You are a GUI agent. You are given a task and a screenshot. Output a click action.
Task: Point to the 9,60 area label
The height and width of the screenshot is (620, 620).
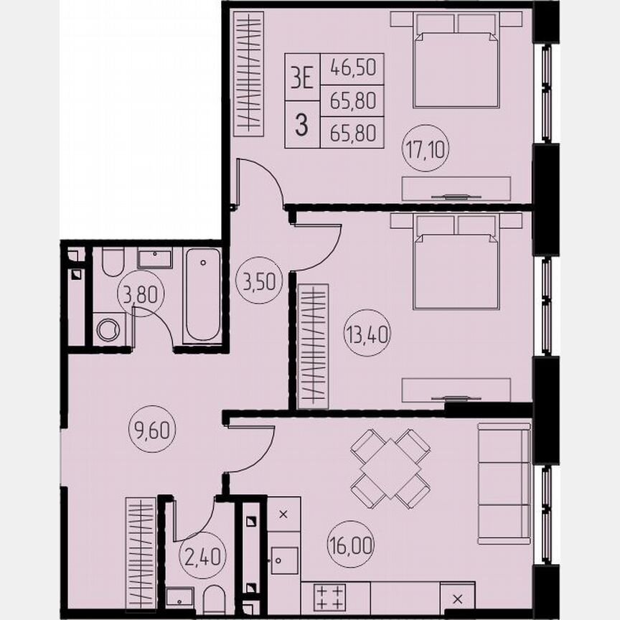click(x=153, y=432)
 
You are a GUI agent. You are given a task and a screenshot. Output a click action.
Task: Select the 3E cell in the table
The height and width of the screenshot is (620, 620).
click(x=302, y=76)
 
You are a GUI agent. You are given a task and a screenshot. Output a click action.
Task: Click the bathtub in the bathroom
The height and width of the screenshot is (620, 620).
click(x=204, y=295)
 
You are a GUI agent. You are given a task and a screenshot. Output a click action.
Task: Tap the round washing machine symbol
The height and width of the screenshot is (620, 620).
click(x=108, y=329)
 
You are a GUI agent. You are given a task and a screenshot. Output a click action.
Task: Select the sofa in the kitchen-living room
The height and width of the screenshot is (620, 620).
click(x=504, y=474)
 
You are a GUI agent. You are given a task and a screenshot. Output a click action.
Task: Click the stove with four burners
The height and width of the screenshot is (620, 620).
click(x=329, y=597)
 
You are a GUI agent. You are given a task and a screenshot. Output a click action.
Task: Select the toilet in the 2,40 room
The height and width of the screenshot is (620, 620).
click(x=214, y=598)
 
